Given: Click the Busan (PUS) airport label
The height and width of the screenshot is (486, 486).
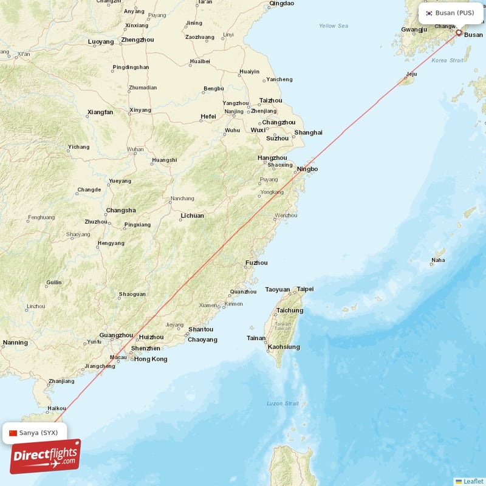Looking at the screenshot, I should coord(454,13).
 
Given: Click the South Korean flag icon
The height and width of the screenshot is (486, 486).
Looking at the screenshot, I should coord(429,13).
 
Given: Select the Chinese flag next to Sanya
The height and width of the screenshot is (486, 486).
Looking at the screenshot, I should coord(13,433).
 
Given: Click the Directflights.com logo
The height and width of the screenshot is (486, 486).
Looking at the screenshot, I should coord(45,456).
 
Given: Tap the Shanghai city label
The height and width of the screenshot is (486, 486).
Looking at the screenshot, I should coord(308,132).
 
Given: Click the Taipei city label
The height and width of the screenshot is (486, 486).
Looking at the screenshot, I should coord(305,289).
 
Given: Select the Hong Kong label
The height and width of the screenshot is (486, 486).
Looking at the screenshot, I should coord(150,359).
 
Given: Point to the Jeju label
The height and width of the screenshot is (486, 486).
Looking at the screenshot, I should coord(411,75).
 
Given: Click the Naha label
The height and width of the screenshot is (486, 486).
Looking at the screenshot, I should coord(437,260).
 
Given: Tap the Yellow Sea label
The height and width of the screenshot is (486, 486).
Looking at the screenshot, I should coord(334,26).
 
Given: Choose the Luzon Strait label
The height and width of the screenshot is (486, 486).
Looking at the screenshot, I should coord(282,403).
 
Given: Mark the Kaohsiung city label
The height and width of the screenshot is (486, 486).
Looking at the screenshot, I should coord(284,347).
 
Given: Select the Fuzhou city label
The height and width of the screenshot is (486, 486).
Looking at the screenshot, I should coord(256,263).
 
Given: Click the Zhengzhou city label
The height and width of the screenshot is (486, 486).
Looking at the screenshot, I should coord(137,40).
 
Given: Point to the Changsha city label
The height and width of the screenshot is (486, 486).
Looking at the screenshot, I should coord(120,210).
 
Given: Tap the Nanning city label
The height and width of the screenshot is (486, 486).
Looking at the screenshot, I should coord(15,343).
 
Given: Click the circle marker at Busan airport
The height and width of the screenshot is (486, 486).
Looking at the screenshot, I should coord(459,33).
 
